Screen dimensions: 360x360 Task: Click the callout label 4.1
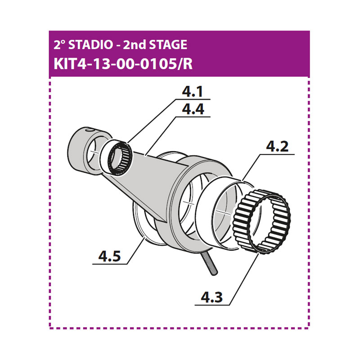click(x=193, y=92)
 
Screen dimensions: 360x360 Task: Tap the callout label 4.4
click(x=193, y=109)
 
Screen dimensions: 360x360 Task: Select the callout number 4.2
click(x=277, y=147)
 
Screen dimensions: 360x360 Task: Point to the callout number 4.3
click(x=211, y=297)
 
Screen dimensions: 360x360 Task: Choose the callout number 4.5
click(x=109, y=256)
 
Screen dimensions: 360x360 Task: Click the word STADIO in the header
click(x=90, y=44)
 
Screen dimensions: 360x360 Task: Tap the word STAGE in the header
click(x=168, y=44)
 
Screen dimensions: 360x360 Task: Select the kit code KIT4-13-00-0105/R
click(x=123, y=64)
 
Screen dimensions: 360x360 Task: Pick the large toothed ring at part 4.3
click(x=262, y=221)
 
